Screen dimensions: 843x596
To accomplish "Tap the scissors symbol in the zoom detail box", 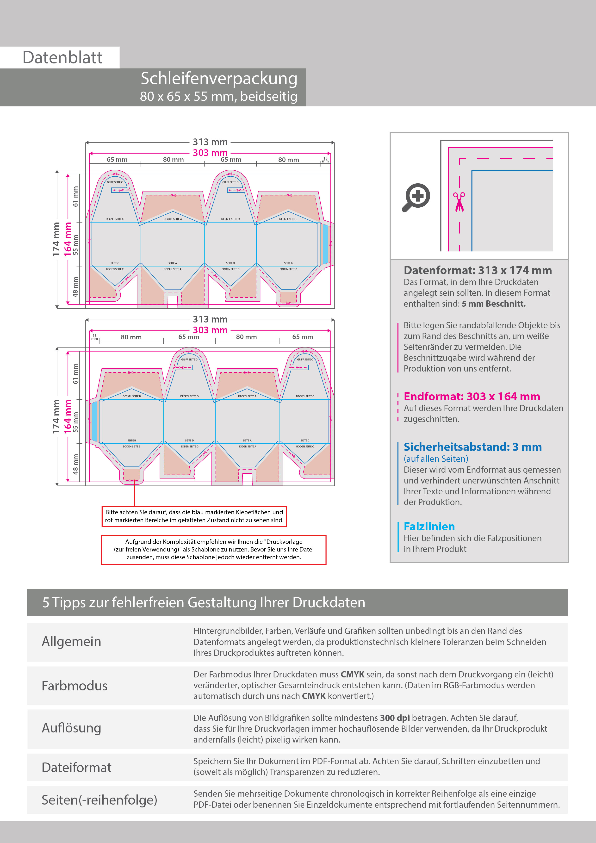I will (459, 202).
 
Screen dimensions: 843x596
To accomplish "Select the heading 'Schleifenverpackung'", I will (219, 79).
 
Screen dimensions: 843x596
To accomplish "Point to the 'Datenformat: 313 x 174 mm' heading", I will (477, 270).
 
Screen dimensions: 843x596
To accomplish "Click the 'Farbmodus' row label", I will (74, 686).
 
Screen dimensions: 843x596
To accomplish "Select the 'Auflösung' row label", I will (72, 728).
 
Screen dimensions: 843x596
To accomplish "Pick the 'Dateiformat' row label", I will (76, 767).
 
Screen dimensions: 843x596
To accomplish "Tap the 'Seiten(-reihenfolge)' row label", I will (99, 800).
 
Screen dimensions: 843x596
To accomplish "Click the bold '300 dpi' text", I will (395, 718).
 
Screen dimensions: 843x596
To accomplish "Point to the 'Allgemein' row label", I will (72, 641).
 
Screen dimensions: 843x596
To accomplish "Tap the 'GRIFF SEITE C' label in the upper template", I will (115, 182).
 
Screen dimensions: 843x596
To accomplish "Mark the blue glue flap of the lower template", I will (94, 421).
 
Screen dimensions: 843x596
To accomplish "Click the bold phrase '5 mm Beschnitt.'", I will (494, 304).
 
